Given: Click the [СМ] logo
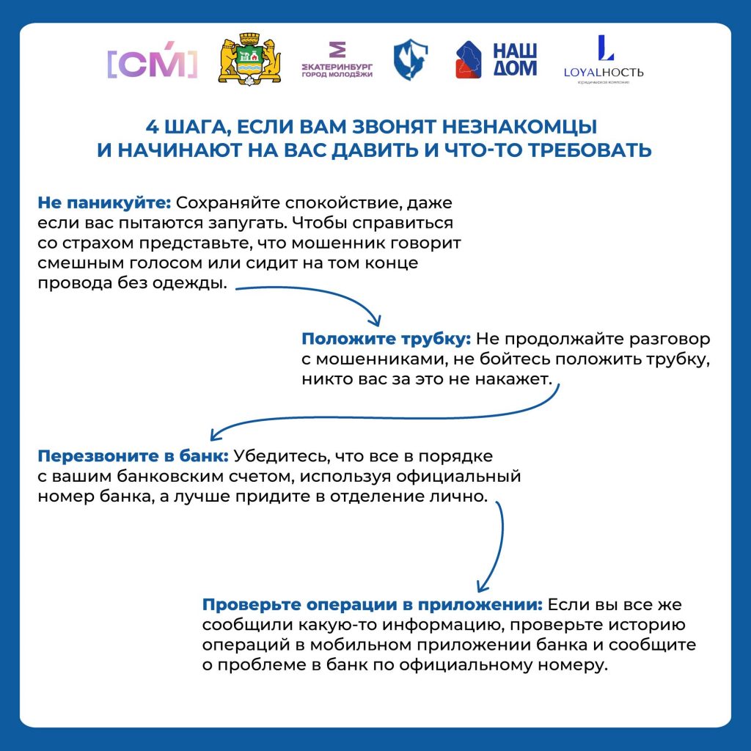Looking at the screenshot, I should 153,64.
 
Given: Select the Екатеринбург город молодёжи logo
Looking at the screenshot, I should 337,60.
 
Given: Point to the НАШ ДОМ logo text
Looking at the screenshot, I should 514,59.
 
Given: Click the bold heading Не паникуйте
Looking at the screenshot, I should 103,202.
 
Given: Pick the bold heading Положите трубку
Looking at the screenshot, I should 387,340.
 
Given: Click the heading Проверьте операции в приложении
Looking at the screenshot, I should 373,605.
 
